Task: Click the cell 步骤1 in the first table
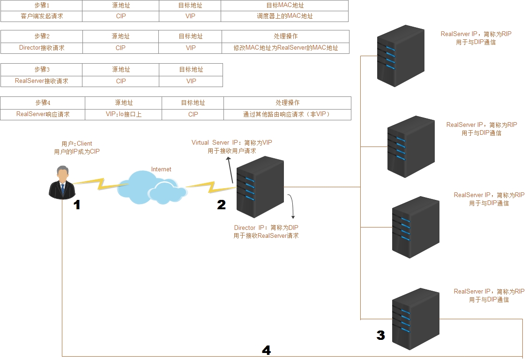[42, 5]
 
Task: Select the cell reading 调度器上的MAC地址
[284, 16]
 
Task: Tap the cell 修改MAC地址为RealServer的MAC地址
[285, 48]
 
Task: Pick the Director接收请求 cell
[42, 48]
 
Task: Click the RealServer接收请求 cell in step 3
[42, 81]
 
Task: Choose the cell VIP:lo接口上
[123, 114]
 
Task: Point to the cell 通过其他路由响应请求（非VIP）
[287, 114]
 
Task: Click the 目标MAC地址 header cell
[284, 5]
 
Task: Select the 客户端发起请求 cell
[42, 16]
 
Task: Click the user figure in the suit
[61, 183]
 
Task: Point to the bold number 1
[77, 205]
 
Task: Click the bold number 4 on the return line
[266, 350]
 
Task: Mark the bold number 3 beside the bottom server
[380, 335]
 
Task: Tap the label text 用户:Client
[77, 144]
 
